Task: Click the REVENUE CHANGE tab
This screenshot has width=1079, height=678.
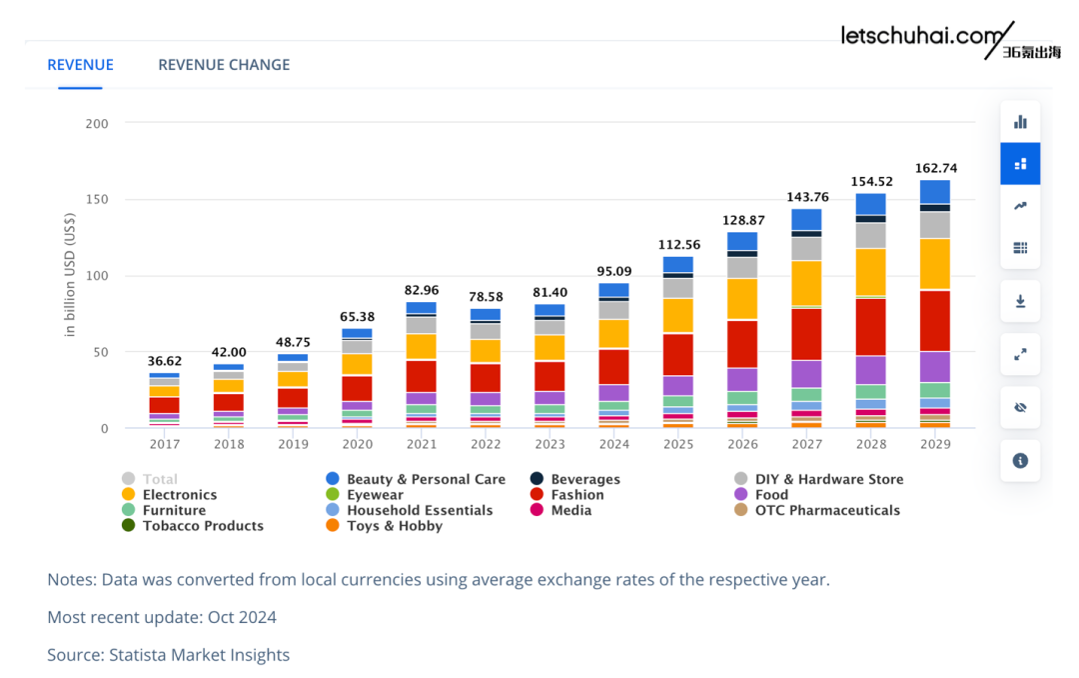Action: pyautogui.click(x=224, y=65)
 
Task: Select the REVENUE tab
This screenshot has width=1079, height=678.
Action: pyautogui.click(x=80, y=65)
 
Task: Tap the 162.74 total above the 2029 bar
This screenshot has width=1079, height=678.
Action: pyautogui.click(x=936, y=168)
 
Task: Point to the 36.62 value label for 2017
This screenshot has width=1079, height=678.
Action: pyautogui.click(x=165, y=361)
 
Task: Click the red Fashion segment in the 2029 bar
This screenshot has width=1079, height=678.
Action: pyautogui.click(x=935, y=320)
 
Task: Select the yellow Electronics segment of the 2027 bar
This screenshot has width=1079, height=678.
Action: pyautogui.click(x=806, y=283)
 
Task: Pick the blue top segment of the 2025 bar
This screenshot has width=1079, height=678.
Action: pyautogui.click(x=678, y=264)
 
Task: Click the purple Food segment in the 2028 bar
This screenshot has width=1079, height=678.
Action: pyautogui.click(x=870, y=370)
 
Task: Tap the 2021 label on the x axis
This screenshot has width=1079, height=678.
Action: pyautogui.click(x=422, y=444)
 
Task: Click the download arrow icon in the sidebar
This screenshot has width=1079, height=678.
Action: pyautogui.click(x=1020, y=301)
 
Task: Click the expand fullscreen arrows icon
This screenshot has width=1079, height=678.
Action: pyautogui.click(x=1020, y=354)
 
